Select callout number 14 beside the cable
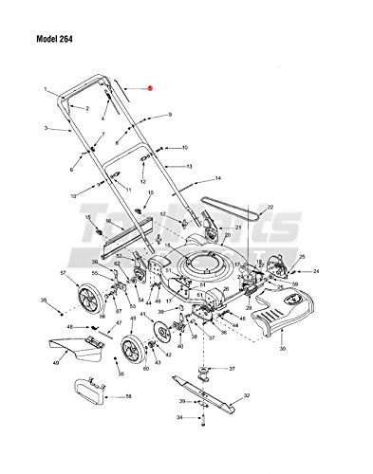click(218, 178)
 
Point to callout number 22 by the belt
click(243, 207)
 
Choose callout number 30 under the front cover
click(283, 349)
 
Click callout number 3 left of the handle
click(46, 128)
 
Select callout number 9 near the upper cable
click(170, 115)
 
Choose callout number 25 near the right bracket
click(302, 257)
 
